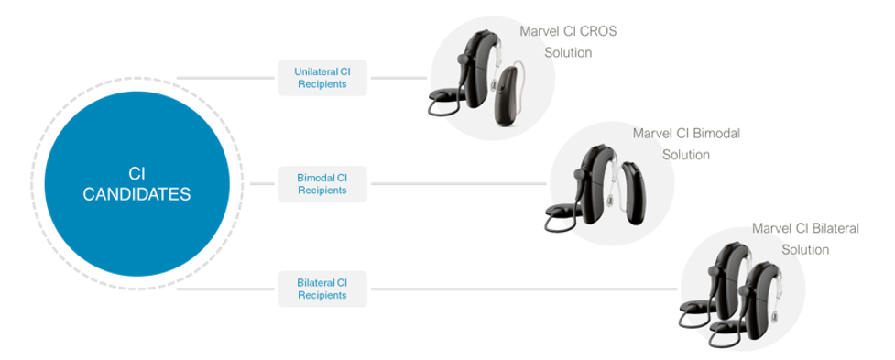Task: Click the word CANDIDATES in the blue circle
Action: click(137, 194)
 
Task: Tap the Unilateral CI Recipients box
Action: click(322, 78)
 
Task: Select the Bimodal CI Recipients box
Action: click(322, 184)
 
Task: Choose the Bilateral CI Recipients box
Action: click(322, 289)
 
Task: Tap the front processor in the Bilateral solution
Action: click(759, 302)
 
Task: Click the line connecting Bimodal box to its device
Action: click(459, 184)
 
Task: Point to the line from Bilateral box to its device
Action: click(524, 289)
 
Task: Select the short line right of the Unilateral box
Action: click(399, 78)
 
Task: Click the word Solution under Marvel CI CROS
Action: click(568, 52)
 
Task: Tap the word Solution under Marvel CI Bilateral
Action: click(805, 249)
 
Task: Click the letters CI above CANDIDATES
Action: click(137, 174)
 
